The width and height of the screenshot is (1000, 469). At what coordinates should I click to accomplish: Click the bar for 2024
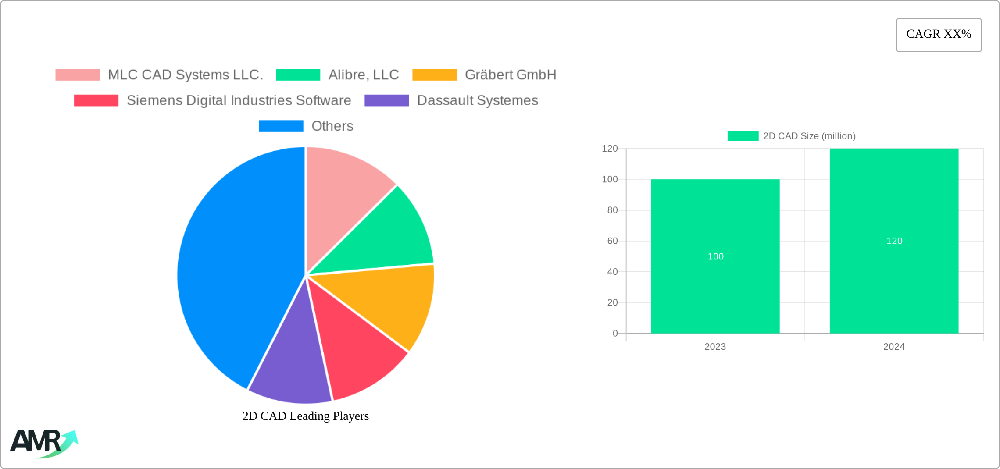click(894, 197)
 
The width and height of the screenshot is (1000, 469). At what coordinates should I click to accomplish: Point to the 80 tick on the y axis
click(612, 210)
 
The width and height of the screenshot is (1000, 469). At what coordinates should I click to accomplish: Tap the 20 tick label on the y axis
click(612, 302)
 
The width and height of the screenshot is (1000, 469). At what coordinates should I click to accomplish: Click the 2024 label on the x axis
click(894, 347)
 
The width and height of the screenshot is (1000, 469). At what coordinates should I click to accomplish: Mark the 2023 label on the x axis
click(715, 347)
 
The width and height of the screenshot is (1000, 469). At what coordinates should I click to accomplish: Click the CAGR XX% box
click(939, 35)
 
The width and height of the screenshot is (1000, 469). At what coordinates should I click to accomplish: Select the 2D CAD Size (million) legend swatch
click(743, 136)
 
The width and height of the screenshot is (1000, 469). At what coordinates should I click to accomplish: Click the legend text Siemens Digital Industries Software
click(239, 100)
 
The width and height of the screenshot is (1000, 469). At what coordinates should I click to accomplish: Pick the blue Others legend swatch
click(281, 126)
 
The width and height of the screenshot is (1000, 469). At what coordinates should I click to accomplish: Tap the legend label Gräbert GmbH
click(511, 75)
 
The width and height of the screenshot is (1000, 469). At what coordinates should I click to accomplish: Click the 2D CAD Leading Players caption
click(305, 416)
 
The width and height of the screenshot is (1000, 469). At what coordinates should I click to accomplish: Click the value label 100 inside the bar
click(715, 256)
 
